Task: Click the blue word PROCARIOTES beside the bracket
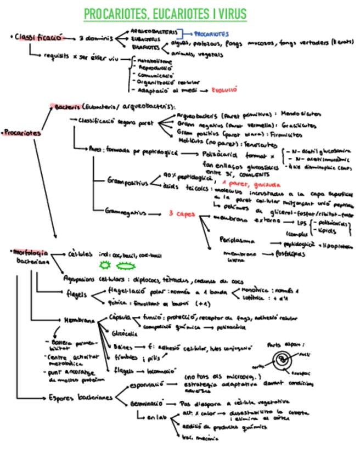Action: [x=211, y=34]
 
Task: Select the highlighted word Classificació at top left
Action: [x=37, y=38]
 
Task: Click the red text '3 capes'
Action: [x=182, y=214]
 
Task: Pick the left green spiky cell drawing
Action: [x=104, y=265]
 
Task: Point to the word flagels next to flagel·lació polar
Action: [x=76, y=294]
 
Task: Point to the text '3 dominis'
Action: [x=95, y=38]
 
